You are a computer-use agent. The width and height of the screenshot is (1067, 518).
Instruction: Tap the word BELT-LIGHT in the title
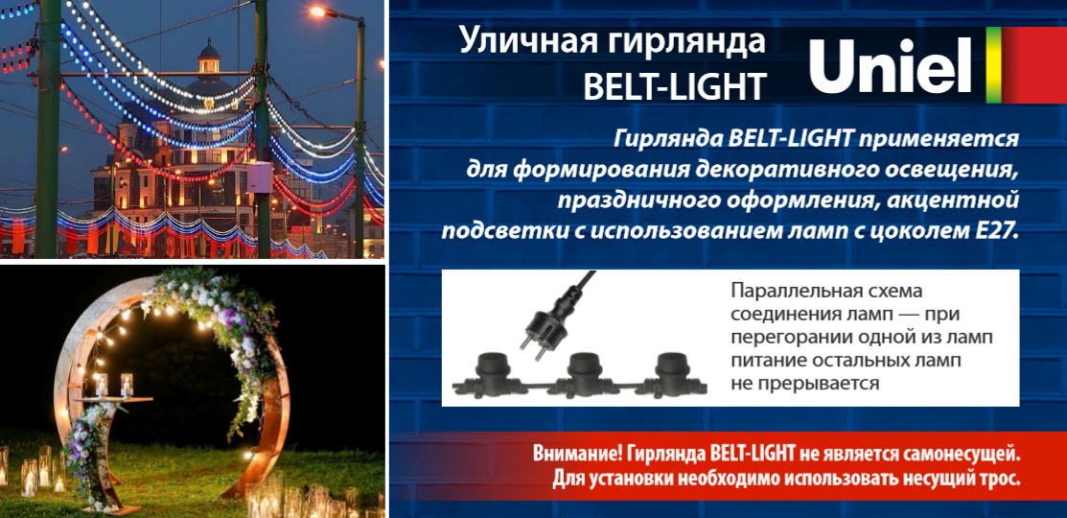(675, 86)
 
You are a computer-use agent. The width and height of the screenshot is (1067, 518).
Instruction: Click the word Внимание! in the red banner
(578, 454)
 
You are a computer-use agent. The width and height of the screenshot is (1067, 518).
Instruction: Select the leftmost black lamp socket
(489, 374)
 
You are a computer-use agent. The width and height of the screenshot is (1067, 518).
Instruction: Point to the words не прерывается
(805, 384)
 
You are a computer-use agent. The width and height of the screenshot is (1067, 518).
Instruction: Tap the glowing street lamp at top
(317, 12)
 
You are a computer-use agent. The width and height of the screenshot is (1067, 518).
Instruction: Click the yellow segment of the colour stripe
(993, 64)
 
